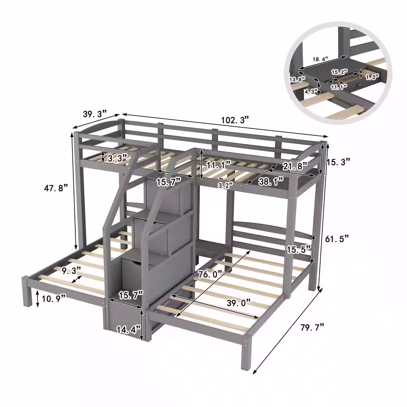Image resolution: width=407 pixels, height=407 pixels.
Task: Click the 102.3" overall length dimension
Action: [235, 120]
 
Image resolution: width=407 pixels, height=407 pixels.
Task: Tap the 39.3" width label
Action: [94, 114]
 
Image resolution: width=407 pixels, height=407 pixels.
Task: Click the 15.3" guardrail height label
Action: [338, 162]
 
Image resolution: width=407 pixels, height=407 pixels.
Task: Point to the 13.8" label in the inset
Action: [298, 79]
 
